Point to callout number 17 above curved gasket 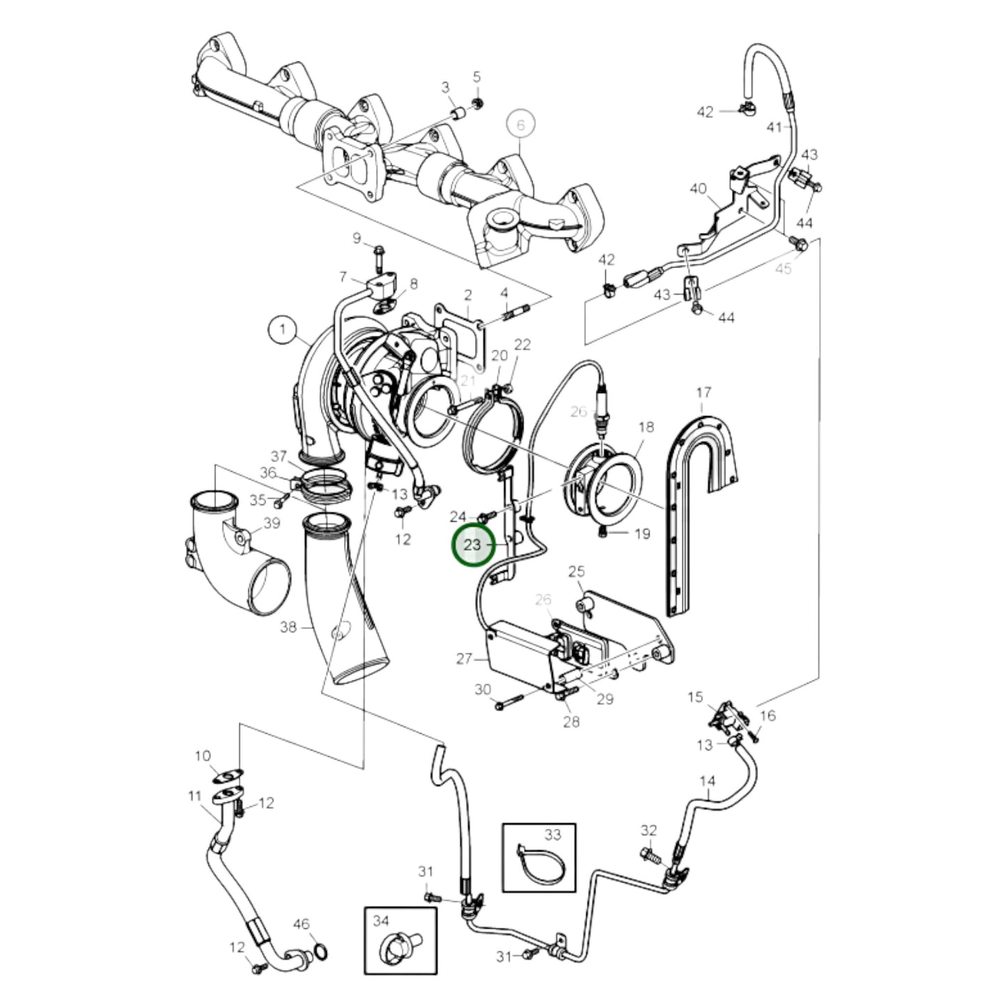(x=702, y=393)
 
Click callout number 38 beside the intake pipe (x=288, y=627)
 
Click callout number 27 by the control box (x=464, y=658)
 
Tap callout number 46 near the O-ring (x=301, y=924)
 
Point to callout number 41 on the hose (x=775, y=127)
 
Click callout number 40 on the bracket (x=698, y=188)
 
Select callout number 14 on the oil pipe (x=707, y=781)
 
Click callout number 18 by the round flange (x=646, y=426)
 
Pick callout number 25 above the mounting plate (x=576, y=572)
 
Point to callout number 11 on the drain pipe (x=194, y=795)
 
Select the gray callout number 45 (x=783, y=269)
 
